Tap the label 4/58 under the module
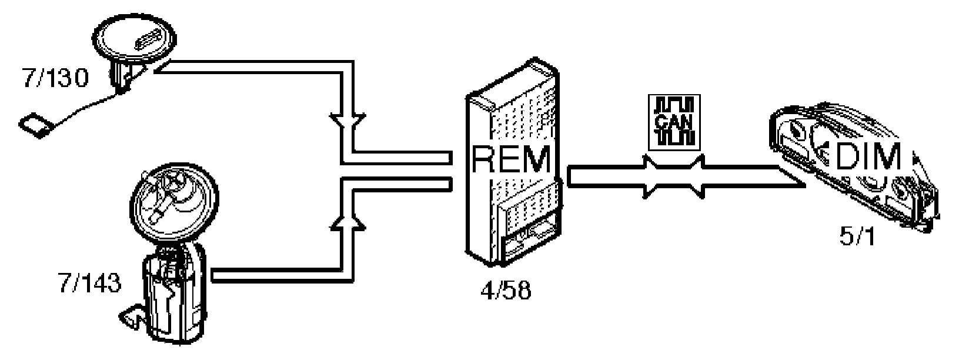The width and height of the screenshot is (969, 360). click(505, 290)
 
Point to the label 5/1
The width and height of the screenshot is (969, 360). click(857, 238)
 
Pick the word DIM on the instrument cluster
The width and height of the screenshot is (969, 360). click(867, 156)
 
